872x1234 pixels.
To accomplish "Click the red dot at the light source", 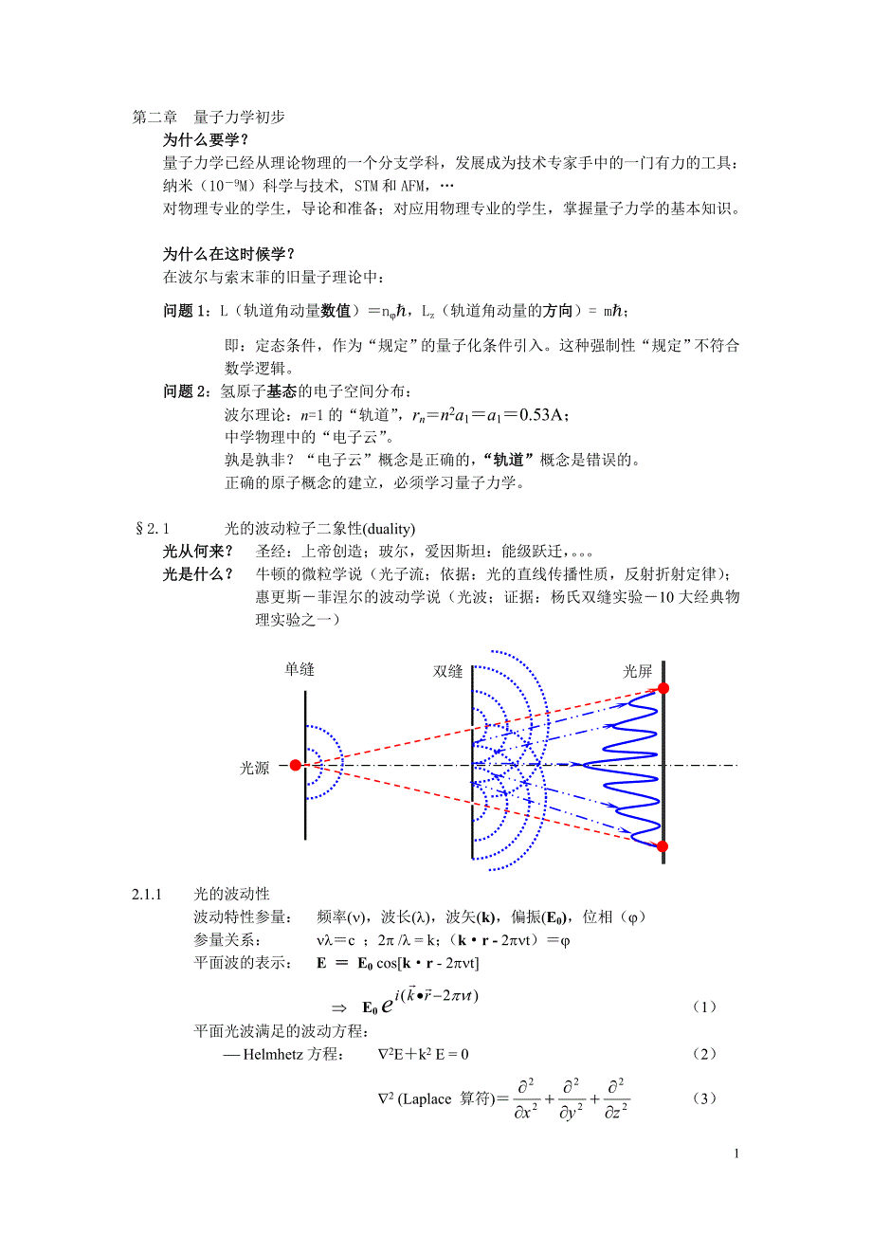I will (x=296, y=765).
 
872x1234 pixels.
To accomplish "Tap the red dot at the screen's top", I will (x=663, y=688).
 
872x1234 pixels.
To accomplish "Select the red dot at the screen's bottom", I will (x=663, y=846).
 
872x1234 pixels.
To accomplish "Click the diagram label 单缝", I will (x=300, y=670).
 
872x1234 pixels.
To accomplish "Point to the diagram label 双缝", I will (x=447, y=672).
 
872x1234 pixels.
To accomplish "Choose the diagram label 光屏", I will (x=637, y=672).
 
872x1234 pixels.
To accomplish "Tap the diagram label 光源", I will (x=255, y=769).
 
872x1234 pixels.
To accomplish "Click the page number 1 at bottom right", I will (x=736, y=1153).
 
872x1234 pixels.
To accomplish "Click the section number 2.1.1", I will (x=148, y=894).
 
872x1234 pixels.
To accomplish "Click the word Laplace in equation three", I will (x=427, y=1099).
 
